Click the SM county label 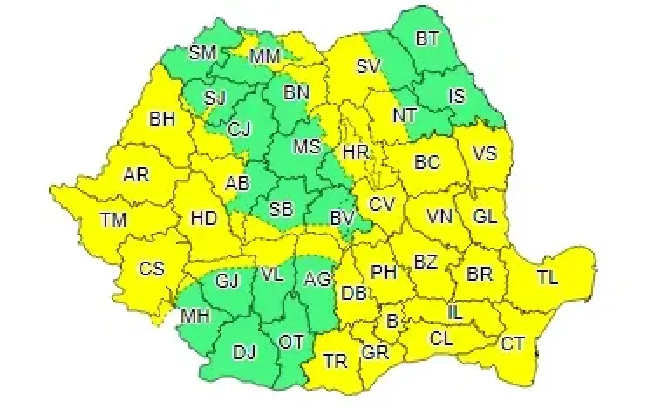(x=202, y=52)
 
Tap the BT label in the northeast (x=427, y=39)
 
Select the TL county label (x=547, y=279)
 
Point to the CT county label (x=513, y=343)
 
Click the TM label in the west (x=112, y=221)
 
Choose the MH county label (x=194, y=316)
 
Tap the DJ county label (x=244, y=352)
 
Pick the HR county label (x=356, y=152)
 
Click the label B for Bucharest (x=392, y=322)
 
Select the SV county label (x=369, y=65)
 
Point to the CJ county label (x=239, y=130)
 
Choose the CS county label (x=152, y=269)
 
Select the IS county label (x=457, y=95)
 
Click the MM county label (x=265, y=58)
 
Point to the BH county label (x=162, y=118)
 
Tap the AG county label (x=317, y=280)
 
